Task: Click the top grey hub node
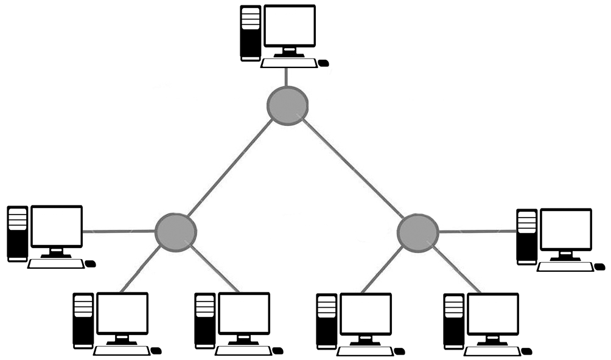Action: (x=287, y=106)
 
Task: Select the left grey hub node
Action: (x=175, y=231)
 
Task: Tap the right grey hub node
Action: (x=417, y=232)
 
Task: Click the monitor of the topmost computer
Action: (x=289, y=27)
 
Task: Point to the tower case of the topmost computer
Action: (x=250, y=33)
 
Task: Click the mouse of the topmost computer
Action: (x=323, y=63)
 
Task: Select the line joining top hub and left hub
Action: (x=230, y=170)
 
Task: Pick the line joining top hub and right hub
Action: (x=353, y=170)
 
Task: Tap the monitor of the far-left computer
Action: (x=57, y=226)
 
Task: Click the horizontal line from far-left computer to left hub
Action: (x=119, y=232)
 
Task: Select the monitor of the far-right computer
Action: (x=566, y=229)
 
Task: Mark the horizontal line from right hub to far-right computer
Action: (x=478, y=232)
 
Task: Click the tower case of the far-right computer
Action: (x=526, y=237)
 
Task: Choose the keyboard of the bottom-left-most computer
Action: (x=121, y=351)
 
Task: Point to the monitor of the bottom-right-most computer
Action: (x=493, y=314)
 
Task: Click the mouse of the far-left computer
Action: (x=91, y=264)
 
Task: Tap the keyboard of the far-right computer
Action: (x=565, y=266)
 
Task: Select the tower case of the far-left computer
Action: (x=18, y=234)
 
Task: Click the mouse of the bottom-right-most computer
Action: (x=526, y=351)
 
